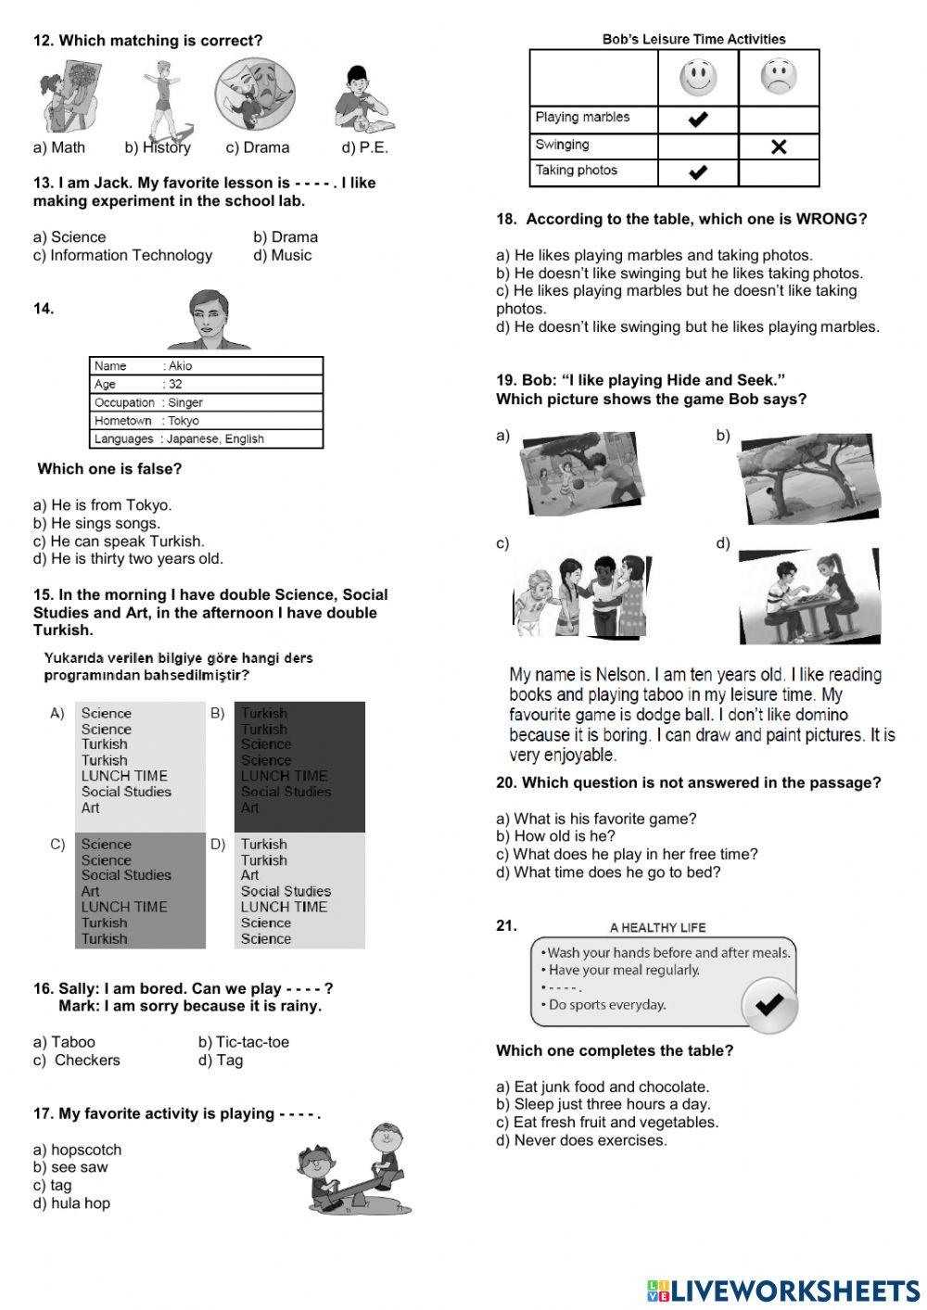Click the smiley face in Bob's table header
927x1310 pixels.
698,77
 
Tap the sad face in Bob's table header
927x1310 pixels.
779,77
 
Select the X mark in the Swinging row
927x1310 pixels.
779,146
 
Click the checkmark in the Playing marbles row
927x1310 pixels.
698,119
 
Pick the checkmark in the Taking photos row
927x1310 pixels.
698,172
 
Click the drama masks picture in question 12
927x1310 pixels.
255,95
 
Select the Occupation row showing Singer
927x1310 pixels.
206,402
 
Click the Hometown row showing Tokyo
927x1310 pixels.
206,421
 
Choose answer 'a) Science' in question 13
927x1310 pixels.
70,237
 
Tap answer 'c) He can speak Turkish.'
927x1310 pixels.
119,541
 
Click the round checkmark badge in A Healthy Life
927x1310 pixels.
768,1004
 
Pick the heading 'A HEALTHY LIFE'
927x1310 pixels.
657,927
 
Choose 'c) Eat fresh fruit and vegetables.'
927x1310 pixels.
607,1123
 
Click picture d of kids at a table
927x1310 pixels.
809,596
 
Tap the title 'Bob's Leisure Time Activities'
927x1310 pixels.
693,40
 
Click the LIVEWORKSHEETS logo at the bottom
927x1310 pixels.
783,1291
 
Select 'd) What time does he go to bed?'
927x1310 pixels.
608,872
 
